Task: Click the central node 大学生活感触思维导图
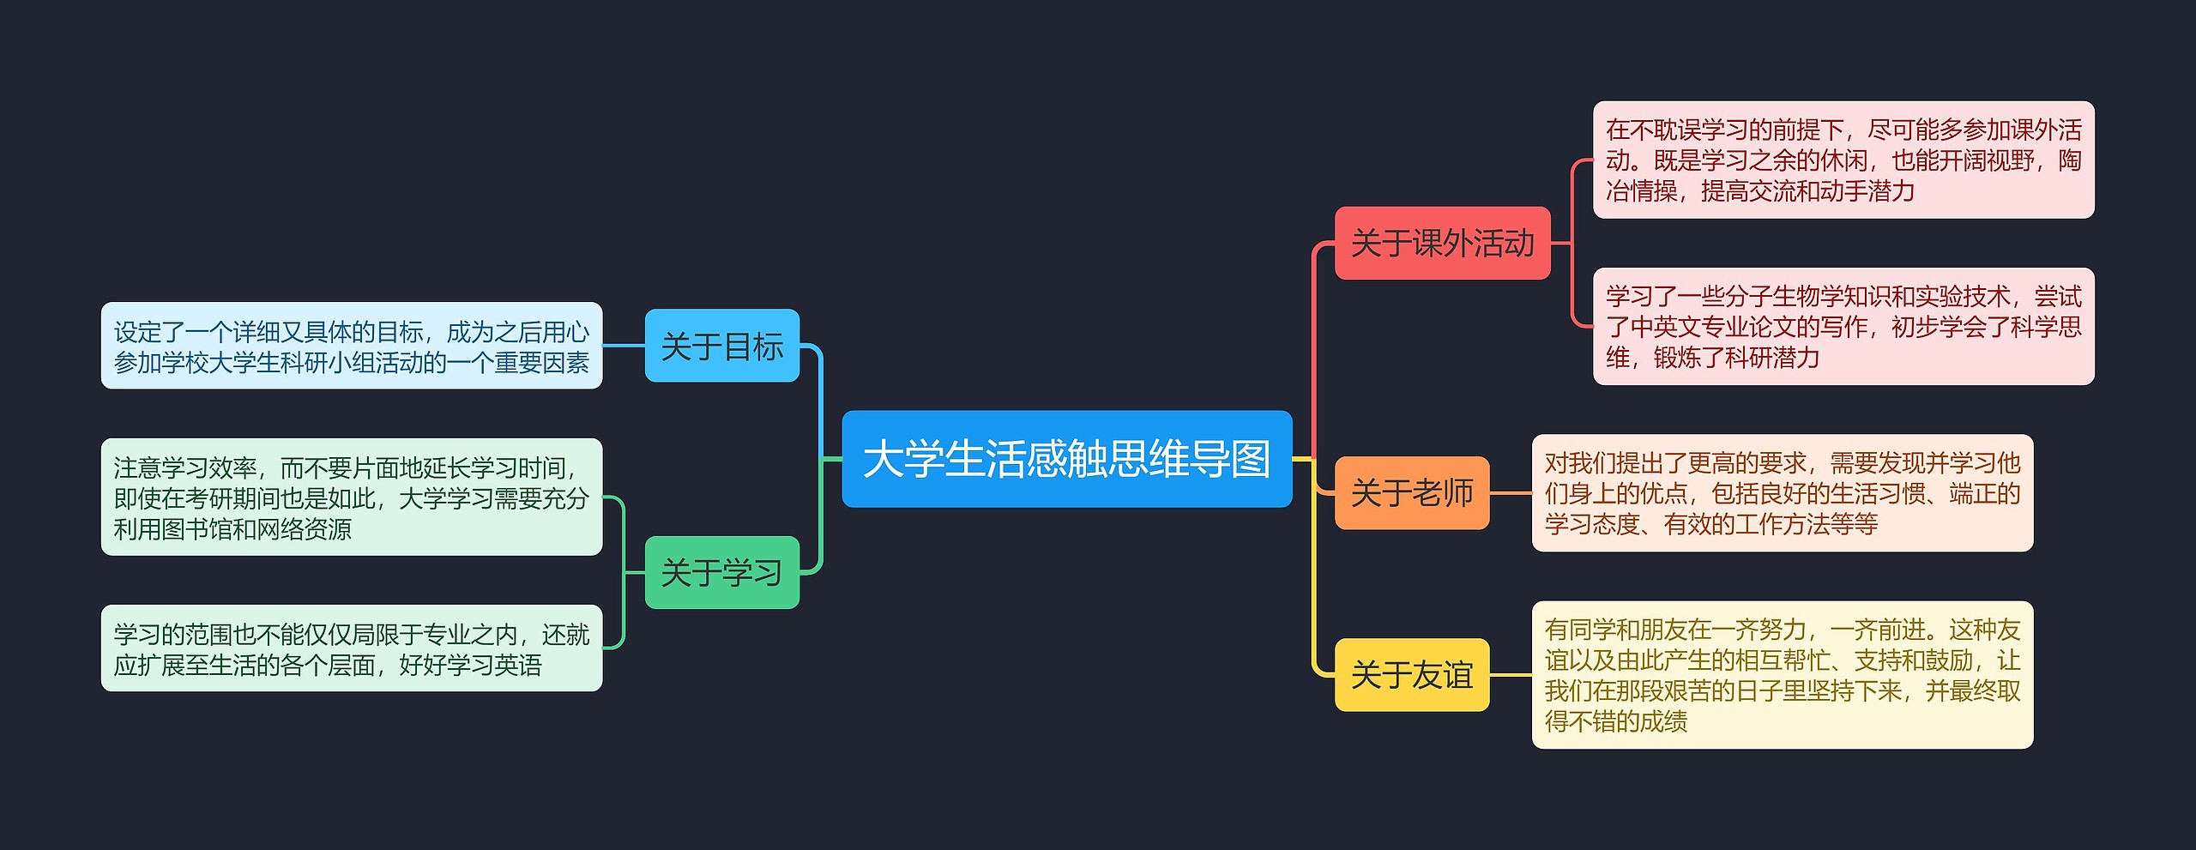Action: (x=1066, y=459)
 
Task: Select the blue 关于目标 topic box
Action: (x=721, y=346)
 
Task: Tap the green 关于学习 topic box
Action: (x=721, y=572)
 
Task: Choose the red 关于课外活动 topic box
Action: (x=1442, y=243)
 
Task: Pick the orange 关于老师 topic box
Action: (x=1411, y=492)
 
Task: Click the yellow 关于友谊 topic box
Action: (x=1411, y=674)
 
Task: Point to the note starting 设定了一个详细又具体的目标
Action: (x=352, y=346)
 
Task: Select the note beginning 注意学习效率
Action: (x=352, y=497)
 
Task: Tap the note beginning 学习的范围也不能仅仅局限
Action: (x=352, y=648)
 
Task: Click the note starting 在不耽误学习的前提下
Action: (x=1843, y=160)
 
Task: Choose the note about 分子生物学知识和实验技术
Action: (x=1843, y=326)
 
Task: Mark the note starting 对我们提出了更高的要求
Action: (x=1782, y=493)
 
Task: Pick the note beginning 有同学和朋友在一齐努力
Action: (x=1782, y=675)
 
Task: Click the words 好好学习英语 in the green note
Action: (x=471, y=665)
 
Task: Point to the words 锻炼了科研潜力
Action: (x=1736, y=358)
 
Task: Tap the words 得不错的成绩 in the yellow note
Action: (x=1616, y=721)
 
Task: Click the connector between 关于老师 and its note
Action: (x=1511, y=493)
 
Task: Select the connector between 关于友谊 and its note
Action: (x=1511, y=675)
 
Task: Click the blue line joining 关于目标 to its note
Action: (x=624, y=346)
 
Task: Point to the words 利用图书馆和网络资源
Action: (x=232, y=529)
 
